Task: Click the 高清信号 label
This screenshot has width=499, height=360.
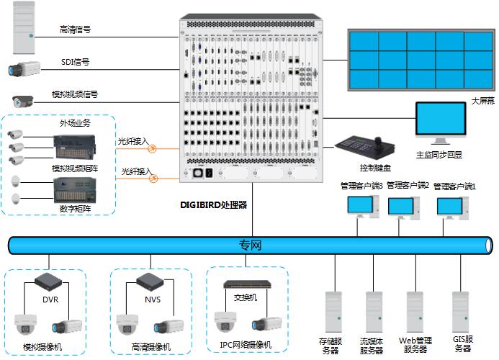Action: pyautogui.click(x=75, y=30)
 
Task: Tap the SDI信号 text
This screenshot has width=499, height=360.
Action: pyautogui.click(x=75, y=62)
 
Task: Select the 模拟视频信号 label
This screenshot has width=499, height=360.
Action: pyautogui.click(x=75, y=94)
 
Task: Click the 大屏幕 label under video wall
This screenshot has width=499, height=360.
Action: pyautogui.click(x=482, y=102)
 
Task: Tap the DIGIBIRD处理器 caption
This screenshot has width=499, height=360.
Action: pyautogui.click(x=213, y=204)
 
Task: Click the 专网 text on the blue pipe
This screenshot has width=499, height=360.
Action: pyautogui.click(x=250, y=246)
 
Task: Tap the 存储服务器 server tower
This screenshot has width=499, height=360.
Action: pyautogui.click(x=332, y=310)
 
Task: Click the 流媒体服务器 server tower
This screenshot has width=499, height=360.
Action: pyautogui.click(x=373, y=310)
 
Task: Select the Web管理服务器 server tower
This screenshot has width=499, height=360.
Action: pyautogui.click(x=415, y=310)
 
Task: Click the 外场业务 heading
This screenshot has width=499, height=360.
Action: pyautogui.click(x=75, y=122)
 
